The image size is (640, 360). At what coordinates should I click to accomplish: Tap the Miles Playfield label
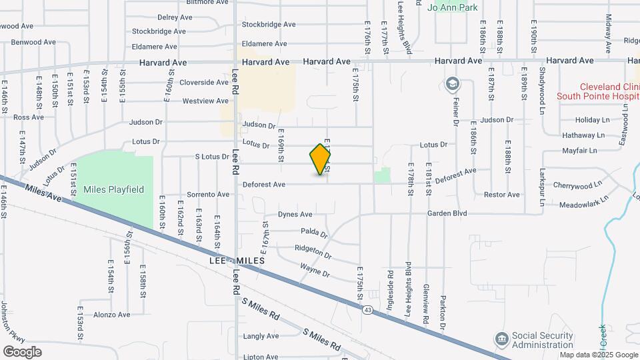point(113,189)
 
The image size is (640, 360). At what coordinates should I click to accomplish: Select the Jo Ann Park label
point(453,7)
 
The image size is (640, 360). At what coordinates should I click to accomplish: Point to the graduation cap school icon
point(453,85)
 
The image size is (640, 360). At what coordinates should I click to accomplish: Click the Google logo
point(22,351)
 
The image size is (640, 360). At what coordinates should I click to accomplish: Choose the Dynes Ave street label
point(295,215)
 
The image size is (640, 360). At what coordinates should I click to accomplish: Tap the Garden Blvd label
point(448,214)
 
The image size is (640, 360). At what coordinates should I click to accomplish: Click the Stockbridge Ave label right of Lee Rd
point(269,25)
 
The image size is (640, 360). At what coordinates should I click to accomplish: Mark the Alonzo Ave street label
point(111,315)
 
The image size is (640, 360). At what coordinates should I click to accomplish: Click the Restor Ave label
point(501,195)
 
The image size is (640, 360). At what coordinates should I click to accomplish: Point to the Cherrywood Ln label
point(579,183)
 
